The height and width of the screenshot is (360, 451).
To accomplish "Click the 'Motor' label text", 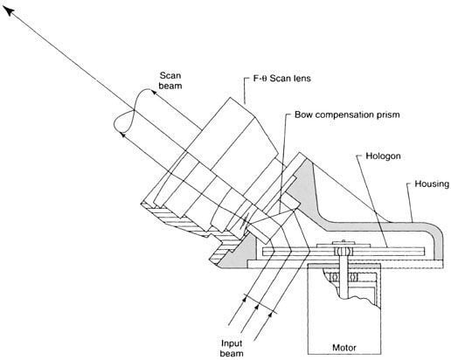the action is coord(344,348).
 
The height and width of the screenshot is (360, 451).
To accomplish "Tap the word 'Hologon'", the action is coord(383,156).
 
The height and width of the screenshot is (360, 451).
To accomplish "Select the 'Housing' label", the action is coord(432,184).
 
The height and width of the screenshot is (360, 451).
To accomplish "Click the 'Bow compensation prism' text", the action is coord(347,114).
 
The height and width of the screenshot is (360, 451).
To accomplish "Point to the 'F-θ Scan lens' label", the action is coord(281,79).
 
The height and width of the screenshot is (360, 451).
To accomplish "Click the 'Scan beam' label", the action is coord(170,80).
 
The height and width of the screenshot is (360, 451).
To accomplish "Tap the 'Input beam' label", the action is coord(232,349).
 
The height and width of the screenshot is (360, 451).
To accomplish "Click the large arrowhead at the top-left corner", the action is coord(9,11).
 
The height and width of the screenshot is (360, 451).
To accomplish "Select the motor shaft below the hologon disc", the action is coord(343,277).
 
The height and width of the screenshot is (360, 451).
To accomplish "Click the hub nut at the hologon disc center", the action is coord(343,251).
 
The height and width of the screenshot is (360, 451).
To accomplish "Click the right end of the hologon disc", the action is coord(424,252).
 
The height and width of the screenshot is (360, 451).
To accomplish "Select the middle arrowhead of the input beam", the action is coord(257,308).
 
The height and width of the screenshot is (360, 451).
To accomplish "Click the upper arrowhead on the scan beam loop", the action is coord(154,93).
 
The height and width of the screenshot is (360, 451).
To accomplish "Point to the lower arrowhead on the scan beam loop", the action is coord(123,135).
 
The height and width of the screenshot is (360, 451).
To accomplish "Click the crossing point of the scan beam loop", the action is coord(134,110).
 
